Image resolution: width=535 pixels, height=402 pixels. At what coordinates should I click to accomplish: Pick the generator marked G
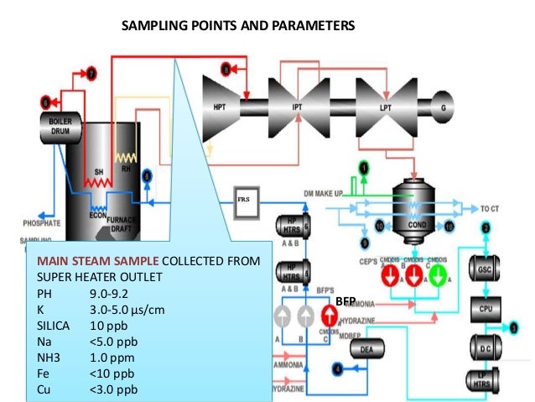pos(444,107)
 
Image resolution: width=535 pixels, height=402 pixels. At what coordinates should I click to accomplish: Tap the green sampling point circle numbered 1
pos(363,167)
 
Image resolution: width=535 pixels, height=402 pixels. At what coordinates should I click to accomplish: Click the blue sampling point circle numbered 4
pos(338,368)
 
